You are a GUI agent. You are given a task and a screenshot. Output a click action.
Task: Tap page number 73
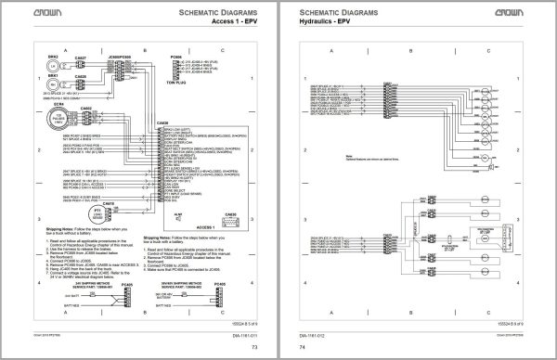(x=253, y=348)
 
